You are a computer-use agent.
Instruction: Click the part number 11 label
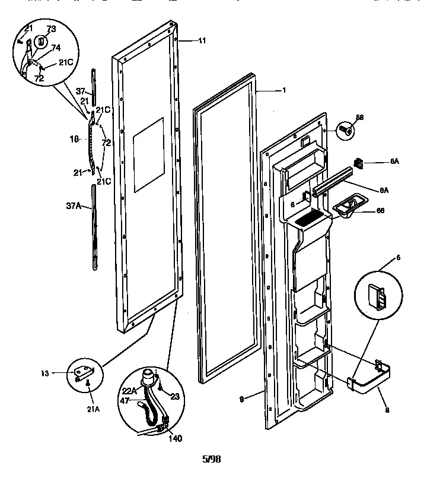(x=202, y=41)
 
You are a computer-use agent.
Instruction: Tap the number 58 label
(x=359, y=117)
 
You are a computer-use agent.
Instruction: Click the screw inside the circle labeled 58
(x=346, y=129)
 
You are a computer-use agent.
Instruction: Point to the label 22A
(x=129, y=390)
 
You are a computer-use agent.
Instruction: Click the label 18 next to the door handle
(x=74, y=140)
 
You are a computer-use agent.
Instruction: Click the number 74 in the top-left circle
(x=56, y=48)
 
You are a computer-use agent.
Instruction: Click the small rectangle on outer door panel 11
(x=148, y=154)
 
